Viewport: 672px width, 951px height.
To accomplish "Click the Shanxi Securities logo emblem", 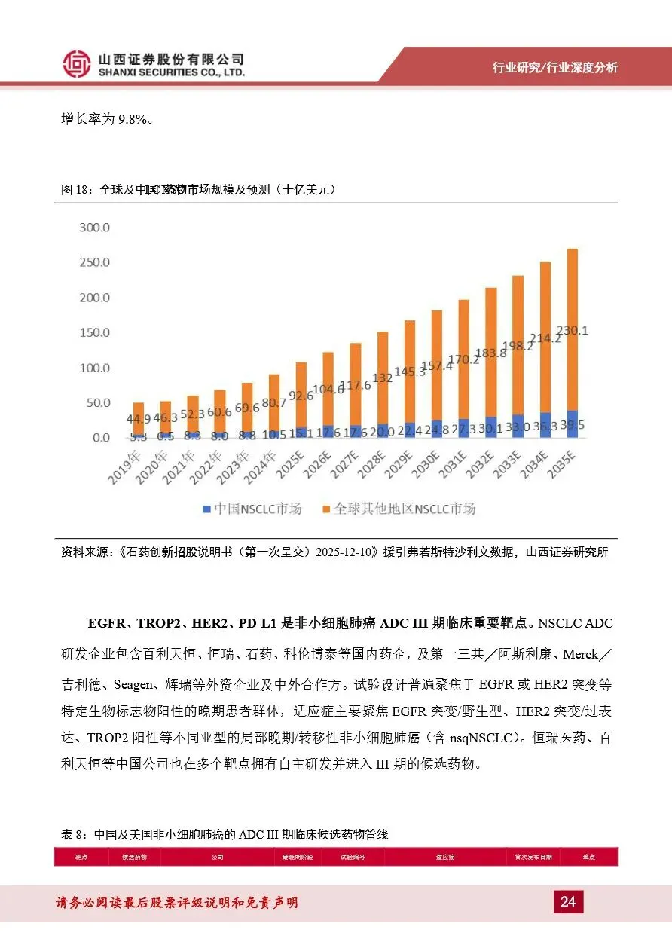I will click(76, 64).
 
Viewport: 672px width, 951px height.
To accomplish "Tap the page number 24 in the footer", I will click(568, 902).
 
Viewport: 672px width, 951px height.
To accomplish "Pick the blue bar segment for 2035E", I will click(572, 424).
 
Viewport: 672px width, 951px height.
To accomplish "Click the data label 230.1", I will click(572, 330).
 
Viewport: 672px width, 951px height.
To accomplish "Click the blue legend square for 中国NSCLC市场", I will click(206, 509).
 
